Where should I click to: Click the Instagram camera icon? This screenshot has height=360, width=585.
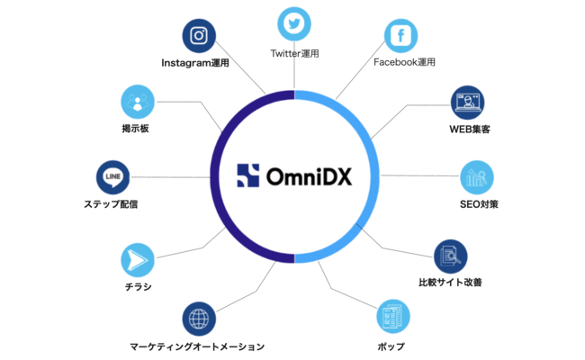pos(199,36)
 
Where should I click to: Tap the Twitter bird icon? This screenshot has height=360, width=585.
pos(294,24)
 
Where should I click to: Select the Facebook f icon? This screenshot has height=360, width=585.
pos(400,36)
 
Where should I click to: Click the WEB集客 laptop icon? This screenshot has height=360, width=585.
pos(467,103)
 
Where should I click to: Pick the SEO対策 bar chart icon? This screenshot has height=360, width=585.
pos(477,177)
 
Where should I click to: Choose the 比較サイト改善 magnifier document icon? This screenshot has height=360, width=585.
pos(451,256)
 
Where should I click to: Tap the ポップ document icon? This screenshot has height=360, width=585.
pos(393,317)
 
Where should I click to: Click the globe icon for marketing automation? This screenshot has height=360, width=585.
pos(199,319)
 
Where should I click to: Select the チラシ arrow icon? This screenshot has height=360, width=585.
pos(138,260)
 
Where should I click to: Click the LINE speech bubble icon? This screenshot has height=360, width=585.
pos(113,177)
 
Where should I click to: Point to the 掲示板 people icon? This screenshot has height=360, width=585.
pos(138,102)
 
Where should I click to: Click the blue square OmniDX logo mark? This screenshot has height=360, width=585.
pos(248,175)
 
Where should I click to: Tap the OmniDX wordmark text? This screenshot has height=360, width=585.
pos(309,176)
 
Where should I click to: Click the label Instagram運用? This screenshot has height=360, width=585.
pos(195,63)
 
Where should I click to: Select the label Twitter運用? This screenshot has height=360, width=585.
pos(294,54)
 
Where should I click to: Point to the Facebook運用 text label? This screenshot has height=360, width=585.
pos(404,62)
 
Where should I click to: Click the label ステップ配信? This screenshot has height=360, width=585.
pos(111,204)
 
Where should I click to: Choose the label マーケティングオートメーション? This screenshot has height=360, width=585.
pos(197,346)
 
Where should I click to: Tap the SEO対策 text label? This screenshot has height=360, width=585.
pos(479,204)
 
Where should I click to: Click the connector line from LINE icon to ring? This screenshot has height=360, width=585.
pos(170,177)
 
